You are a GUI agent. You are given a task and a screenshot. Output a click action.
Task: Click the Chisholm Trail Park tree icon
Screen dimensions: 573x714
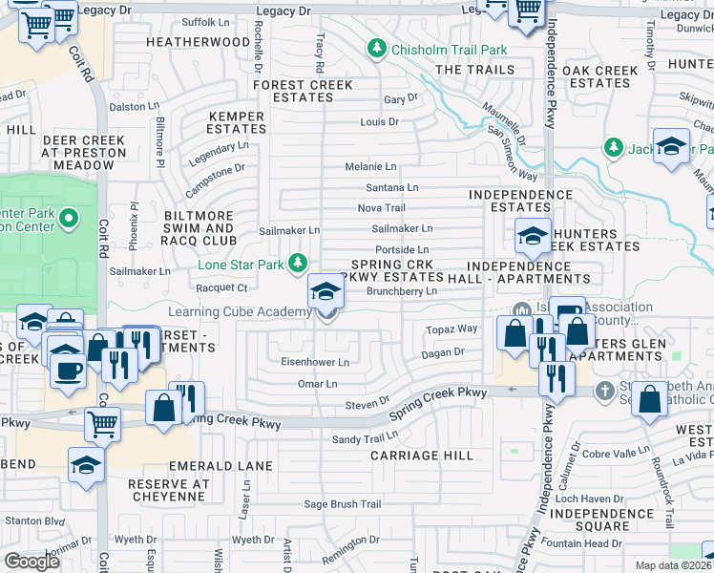coord(378,49)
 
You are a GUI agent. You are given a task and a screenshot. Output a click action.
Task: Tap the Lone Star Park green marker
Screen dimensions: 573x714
coord(300,262)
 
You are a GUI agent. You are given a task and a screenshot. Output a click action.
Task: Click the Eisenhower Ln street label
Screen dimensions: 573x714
coord(314,363)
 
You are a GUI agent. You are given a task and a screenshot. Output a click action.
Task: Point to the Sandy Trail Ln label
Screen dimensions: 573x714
coord(364,438)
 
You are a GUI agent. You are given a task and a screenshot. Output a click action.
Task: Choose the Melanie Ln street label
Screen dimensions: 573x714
coord(370,166)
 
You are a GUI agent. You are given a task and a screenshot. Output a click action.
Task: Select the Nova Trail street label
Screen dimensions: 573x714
coord(381,208)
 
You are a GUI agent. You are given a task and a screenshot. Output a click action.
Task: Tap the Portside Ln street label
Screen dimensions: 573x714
coord(402,249)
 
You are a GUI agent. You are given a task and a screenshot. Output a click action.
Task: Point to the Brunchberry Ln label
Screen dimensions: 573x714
coord(402,291)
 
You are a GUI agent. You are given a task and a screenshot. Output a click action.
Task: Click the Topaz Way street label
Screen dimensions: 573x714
coord(453,329)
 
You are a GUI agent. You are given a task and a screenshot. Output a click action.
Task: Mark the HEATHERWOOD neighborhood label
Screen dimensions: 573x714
coord(198,42)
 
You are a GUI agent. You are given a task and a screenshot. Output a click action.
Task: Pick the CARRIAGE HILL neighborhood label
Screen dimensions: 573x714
coord(422,456)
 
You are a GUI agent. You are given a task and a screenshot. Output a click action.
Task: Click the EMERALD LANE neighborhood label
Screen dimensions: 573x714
coord(220,466)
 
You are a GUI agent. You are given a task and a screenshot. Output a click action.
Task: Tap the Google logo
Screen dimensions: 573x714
coord(31,562)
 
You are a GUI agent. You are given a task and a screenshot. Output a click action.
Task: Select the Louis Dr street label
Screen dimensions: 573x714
coord(379,122)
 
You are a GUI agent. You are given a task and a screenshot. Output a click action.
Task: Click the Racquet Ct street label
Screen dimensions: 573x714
coord(220,286)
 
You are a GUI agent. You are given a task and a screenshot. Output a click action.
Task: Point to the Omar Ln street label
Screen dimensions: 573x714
coord(318,384)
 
